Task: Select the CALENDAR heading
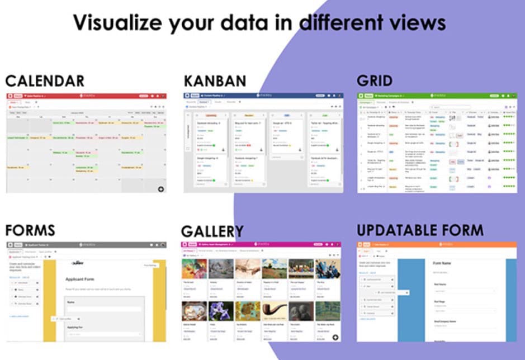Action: [x=45, y=80]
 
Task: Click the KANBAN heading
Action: [x=215, y=80]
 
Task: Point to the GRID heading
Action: [x=375, y=80]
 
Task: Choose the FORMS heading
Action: [x=30, y=230]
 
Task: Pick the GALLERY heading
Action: [x=212, y=231]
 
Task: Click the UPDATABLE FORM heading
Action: [x=420, y=230]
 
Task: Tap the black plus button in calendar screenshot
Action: [x=161, y=189]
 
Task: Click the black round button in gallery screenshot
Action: [x=335, y=337]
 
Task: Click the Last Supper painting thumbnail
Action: [x=301, y=269]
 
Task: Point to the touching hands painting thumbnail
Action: [x=247, y=269]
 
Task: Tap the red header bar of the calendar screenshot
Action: [x=86, y=96]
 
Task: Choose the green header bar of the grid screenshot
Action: [x=437, y=96]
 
